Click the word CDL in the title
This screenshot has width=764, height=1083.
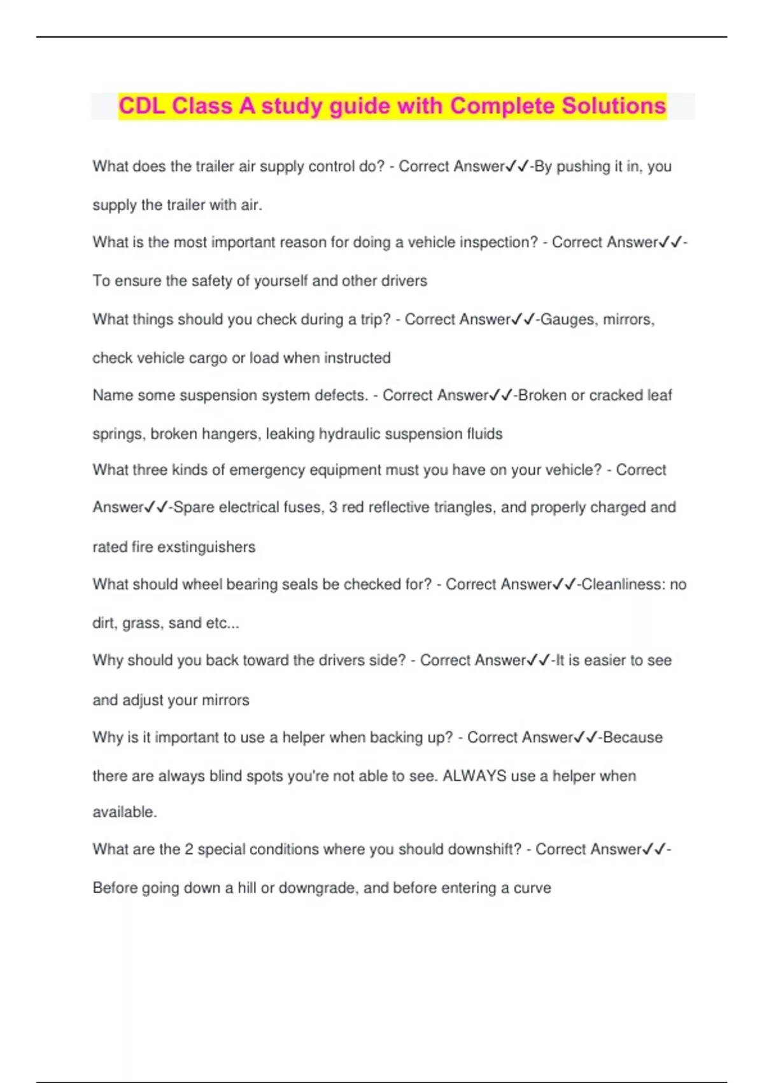pos(142,106)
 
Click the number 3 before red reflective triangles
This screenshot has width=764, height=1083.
pos(333,507)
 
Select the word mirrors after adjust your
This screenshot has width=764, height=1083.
pos(225,699)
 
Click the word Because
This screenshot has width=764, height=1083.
pos(632,737)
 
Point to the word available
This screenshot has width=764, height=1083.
pos(124,812)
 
